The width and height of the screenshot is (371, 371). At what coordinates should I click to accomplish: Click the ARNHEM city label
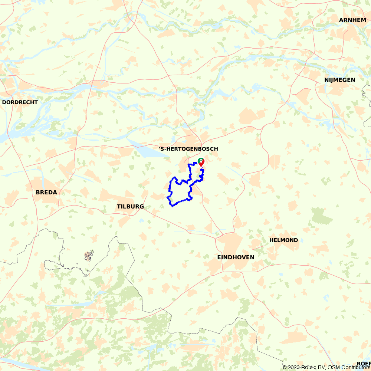[352, 20]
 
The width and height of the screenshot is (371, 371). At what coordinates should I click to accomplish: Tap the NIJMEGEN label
[339, 80]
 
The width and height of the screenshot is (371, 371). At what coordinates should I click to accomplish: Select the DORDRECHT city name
[20, 102]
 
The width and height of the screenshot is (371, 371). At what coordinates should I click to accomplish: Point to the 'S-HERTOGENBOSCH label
[188, 149]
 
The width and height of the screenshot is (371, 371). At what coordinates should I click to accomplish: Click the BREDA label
[46, 193]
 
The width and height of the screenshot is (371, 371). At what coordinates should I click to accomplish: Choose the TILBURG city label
[130, 207]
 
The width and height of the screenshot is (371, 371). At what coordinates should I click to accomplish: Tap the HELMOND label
[283, 240]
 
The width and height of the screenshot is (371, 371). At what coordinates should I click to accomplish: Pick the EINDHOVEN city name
[236, 257]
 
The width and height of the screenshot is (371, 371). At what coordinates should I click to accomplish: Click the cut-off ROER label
[364, 363]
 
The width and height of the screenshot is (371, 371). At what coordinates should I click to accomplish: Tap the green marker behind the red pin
[200, 160]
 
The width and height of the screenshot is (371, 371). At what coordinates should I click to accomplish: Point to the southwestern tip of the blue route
[172, 206]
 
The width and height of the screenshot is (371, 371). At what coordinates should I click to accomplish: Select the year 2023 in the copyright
[293, 367]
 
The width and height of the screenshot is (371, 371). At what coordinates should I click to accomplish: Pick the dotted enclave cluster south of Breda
[88, 256]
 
